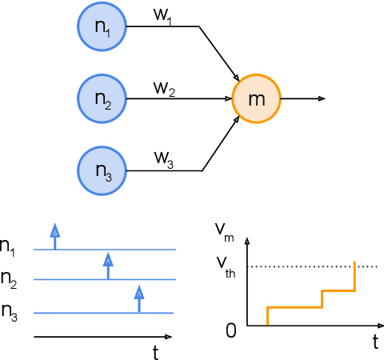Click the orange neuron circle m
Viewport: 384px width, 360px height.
point(256,99)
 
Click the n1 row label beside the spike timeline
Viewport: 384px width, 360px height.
point(9,248)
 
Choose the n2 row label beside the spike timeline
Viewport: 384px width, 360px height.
point(9,279)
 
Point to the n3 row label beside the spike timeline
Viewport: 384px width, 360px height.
point(9,310)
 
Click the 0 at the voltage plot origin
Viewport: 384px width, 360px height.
point(230,330)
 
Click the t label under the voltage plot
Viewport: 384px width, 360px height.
point(374,342)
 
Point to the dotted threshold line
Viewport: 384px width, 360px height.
point(312,266)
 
